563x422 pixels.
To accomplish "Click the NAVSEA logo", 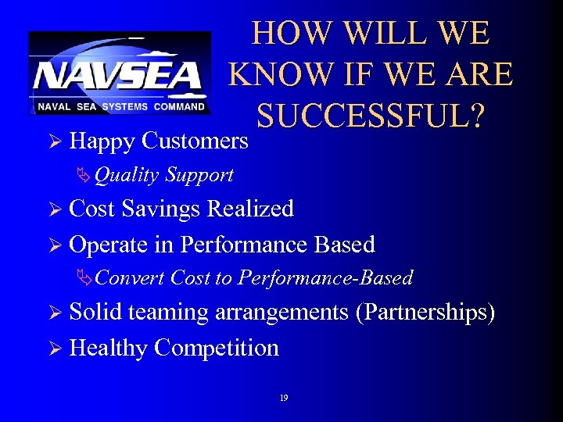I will coord(119,73).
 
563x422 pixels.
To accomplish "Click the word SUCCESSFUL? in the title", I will coord(371,116).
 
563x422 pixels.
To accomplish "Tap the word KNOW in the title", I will coord(278,75).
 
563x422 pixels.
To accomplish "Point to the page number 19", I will coord(283,398).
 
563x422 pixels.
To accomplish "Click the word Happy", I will coord(101,141).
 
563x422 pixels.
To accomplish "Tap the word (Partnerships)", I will coord(425,313).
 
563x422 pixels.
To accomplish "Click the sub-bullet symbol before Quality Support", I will coord(84,175).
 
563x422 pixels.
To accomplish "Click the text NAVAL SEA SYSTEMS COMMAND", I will coord(120,106).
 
